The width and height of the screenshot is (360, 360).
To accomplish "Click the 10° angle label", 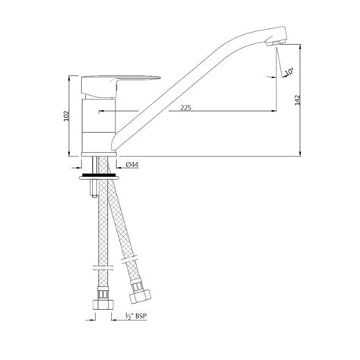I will (x=288, y=72).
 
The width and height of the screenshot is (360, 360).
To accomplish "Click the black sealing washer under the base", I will (x=99, y=175).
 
